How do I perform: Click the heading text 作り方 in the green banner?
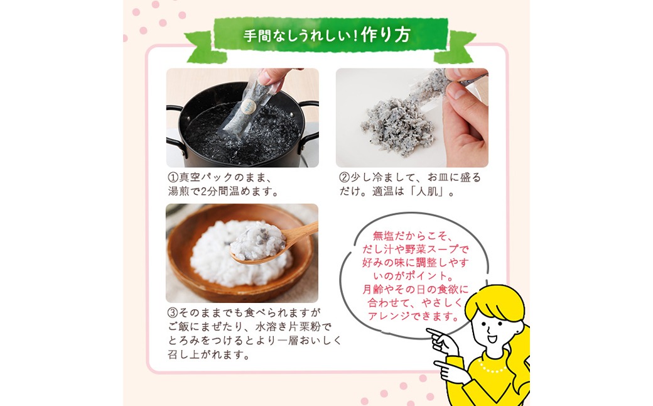point(386,35)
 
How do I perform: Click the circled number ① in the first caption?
point(173,178)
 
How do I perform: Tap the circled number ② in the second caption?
point(344,178)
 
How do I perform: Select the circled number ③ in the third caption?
point(173,312)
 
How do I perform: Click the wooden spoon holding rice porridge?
point(271,244)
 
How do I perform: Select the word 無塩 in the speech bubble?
point(383,236)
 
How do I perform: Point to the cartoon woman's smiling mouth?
point(492,338)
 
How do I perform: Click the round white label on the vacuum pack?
point(248,107)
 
